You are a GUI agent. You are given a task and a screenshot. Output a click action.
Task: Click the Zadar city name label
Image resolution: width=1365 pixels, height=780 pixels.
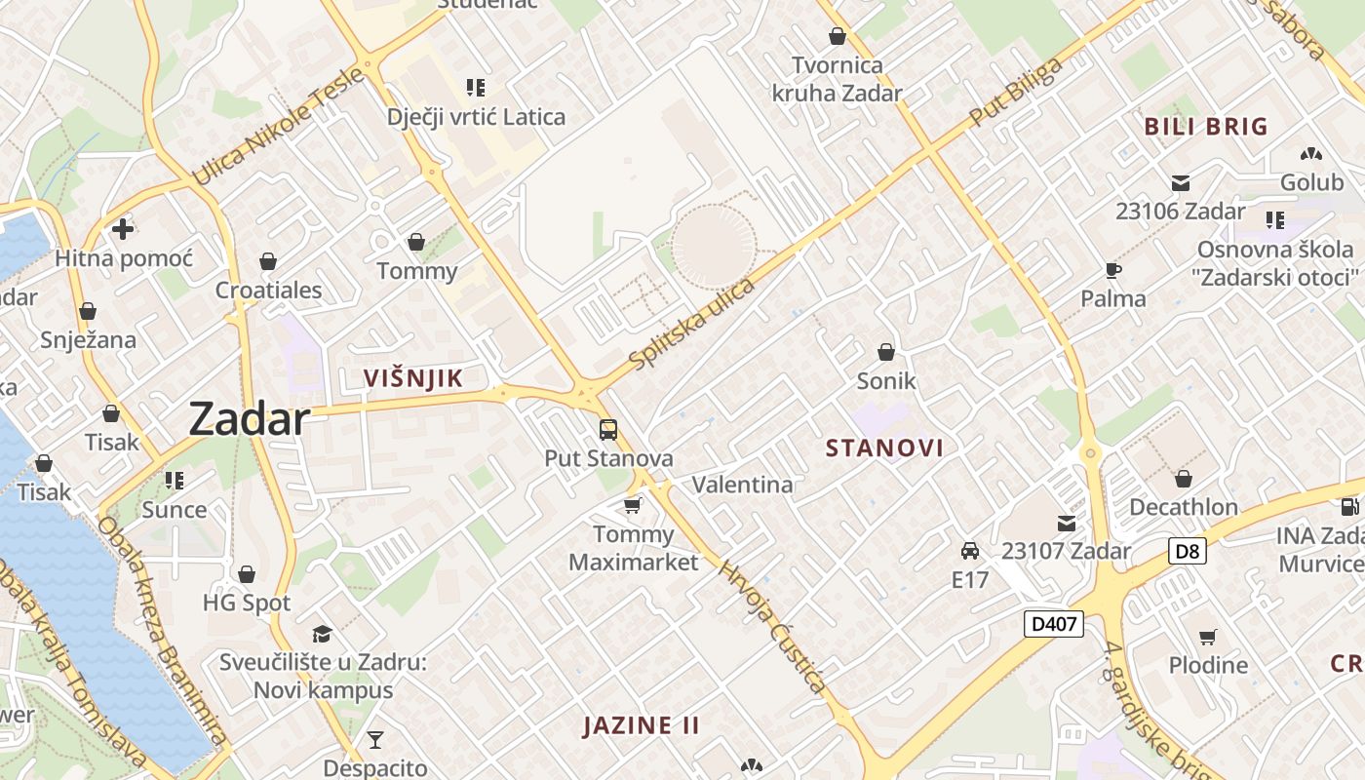tap(250, 419)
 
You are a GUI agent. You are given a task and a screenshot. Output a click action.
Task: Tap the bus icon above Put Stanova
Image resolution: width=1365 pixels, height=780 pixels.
tap(608, 429)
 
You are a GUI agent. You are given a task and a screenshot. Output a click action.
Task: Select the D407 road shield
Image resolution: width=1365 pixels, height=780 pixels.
tap(1054, 624)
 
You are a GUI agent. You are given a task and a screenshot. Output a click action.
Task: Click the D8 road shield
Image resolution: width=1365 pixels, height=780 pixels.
tap(1187, 551)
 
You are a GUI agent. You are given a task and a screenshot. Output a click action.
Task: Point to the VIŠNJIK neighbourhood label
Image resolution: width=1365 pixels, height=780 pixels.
tap(412, 378)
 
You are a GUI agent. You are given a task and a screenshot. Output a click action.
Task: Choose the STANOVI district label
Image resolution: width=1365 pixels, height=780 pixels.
tap(884, 448)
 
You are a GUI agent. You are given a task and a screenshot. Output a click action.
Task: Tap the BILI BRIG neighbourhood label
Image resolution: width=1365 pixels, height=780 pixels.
tap(1206, 127)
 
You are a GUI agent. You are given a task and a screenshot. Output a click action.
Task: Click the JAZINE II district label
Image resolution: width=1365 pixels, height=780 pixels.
tap(642, 725)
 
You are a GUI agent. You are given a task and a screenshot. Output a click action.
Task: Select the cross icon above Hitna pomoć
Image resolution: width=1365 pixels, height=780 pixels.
tap(123, 229)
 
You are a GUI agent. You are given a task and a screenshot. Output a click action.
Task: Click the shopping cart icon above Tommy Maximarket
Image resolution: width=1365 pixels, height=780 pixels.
tap(633, 505)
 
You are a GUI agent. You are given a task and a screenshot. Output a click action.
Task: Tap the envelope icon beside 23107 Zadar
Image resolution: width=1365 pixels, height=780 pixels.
tap(1067, 523)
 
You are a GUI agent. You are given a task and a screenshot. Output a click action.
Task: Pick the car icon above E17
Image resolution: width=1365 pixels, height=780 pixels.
tap(969, 551)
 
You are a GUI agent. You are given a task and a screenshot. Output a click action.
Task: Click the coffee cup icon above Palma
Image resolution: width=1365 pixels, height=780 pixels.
tap(1112, 270)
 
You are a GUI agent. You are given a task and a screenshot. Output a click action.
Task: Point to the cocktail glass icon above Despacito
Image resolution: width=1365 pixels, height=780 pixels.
tap(374, 740)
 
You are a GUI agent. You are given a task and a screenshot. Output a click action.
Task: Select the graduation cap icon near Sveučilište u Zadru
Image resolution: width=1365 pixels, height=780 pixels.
tap(322, 634)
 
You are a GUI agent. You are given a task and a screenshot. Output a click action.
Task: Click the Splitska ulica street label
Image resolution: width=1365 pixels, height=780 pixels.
tap(692, 325)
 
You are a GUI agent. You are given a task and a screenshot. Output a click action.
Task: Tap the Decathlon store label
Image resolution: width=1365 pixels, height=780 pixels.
tap(1183, 507)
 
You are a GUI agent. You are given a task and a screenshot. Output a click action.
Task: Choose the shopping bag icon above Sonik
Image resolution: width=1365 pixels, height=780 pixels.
tap(886, 352)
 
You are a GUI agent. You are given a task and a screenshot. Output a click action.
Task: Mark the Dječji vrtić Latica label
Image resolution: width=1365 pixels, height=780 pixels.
tap(476, 117)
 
